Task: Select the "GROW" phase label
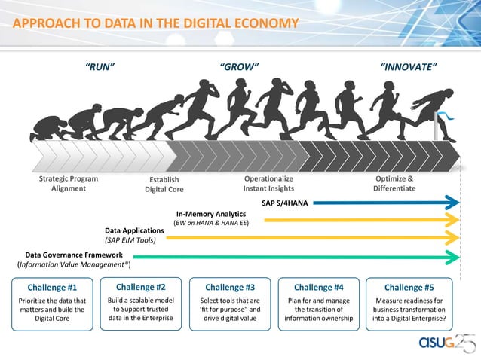click(239, 67)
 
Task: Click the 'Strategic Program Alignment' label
click(68, 184)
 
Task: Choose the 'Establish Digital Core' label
click(164, 185)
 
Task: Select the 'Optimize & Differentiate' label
click(394, 184)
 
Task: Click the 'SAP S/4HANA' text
click(285, 203)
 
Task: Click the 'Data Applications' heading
click(133, 230)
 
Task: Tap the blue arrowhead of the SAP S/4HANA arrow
click(452, 203)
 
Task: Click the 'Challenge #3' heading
click(230, 288)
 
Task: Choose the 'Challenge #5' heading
click(409, 288)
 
